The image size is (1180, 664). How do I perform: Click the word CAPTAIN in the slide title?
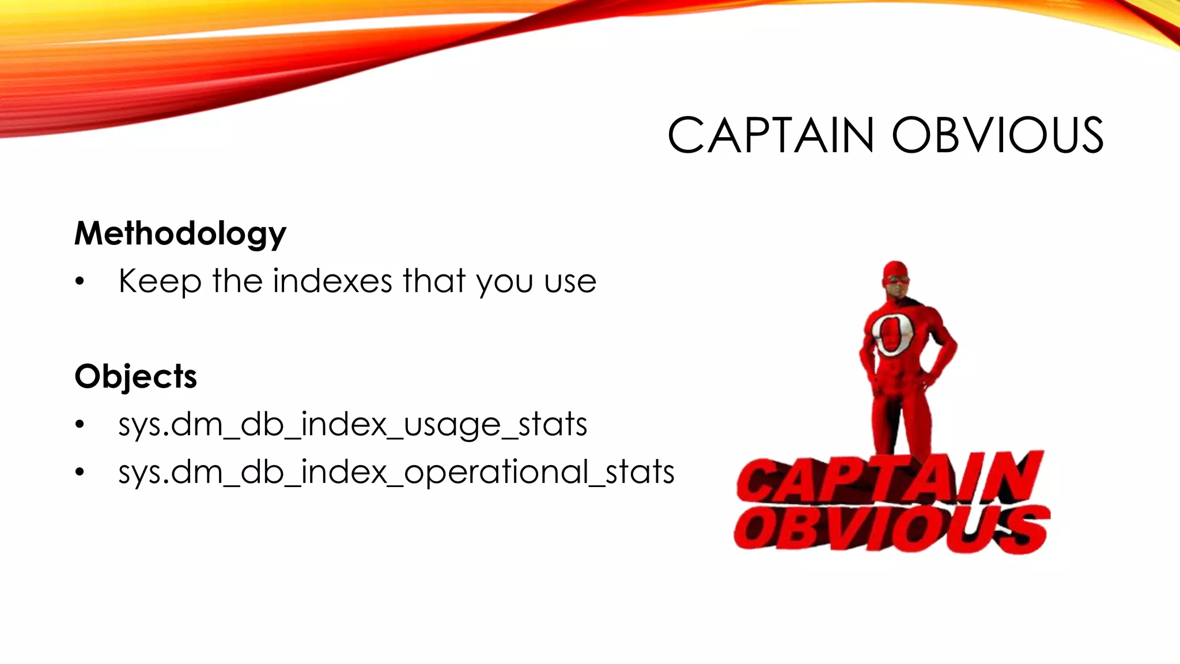click(x=770, y=135)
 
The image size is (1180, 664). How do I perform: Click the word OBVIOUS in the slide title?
click(x=997, y=135)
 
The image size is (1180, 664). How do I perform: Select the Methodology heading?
click(x=180, y=233)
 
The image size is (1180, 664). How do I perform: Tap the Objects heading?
click(x=135, y=376)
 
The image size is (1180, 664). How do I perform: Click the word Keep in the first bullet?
click(x=160, y=282)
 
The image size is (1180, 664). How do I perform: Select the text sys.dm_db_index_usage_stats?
click(x=353, y=425)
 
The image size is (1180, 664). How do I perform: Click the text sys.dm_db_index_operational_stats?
click(x=396, y=472)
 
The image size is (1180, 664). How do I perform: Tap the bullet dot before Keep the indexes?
click(x=80, y=282)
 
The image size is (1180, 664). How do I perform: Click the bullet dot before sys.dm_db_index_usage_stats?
click(x=80, y=425)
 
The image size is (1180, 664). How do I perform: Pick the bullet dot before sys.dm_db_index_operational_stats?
click(x=80, y=473)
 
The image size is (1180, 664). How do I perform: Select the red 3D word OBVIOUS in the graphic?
click(x=890, y=529)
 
